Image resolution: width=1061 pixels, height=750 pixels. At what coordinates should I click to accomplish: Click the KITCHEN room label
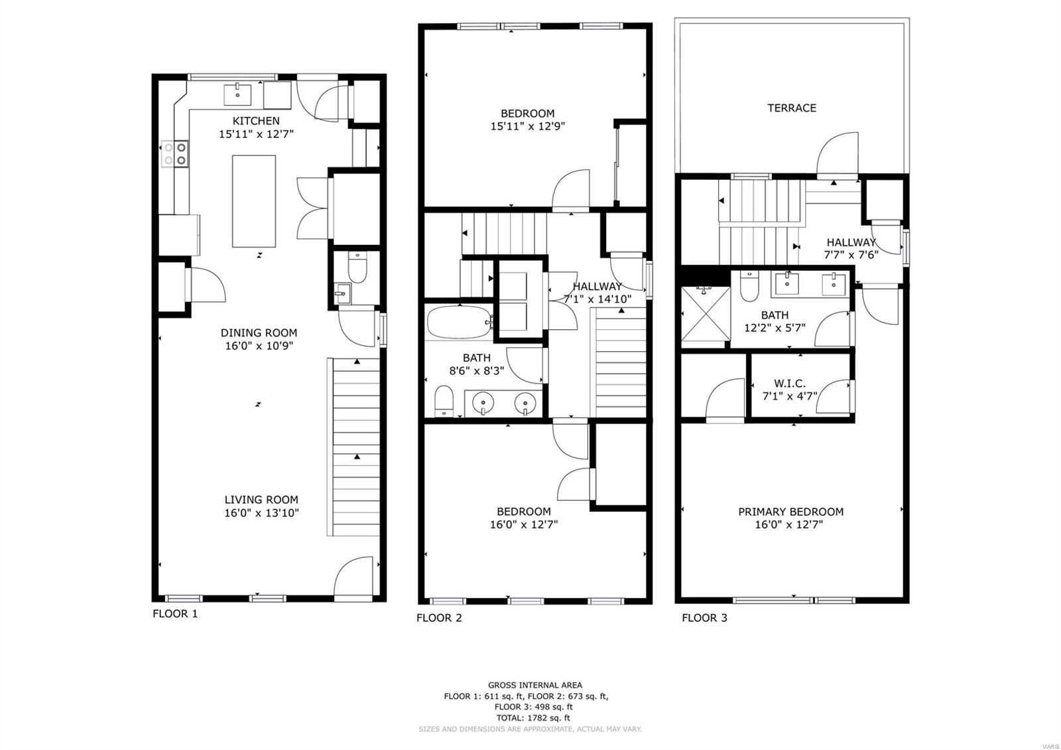[256, 120]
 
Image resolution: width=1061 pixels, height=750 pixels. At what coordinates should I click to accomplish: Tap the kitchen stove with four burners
[175, 153]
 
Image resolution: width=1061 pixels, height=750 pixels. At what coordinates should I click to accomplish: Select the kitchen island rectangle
[254, 201]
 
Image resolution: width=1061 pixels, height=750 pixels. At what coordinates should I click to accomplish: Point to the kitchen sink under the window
[237, 95]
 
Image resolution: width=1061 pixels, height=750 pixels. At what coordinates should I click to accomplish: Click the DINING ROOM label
[259, 333]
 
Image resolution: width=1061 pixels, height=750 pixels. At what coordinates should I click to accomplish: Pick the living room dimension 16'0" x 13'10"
[261, 512]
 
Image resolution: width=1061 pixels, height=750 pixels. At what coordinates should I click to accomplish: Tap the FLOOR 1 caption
[175, 613]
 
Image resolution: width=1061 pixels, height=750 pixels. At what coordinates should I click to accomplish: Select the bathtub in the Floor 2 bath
[459, 322]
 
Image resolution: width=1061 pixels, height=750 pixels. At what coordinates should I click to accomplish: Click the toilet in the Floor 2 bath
[444, 401]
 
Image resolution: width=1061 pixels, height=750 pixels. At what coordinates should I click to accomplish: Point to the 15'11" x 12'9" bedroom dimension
[528, 126]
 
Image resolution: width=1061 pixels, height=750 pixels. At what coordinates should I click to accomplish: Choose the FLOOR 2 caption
[439, 618]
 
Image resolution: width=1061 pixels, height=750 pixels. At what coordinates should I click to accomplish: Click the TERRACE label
[792, 108]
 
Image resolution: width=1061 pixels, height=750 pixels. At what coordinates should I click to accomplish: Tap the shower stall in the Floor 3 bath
[706, 314]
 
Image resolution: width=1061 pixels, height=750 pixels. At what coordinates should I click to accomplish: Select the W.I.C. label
[790, 383]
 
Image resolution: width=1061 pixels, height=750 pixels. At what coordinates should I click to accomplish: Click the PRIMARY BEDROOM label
[790, 512]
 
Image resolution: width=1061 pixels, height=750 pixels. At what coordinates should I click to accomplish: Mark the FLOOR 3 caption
[704, 618]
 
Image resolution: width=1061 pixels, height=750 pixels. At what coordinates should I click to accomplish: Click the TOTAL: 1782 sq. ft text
[533, 717]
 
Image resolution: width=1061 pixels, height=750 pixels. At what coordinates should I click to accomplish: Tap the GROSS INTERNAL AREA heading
[535, 685]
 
